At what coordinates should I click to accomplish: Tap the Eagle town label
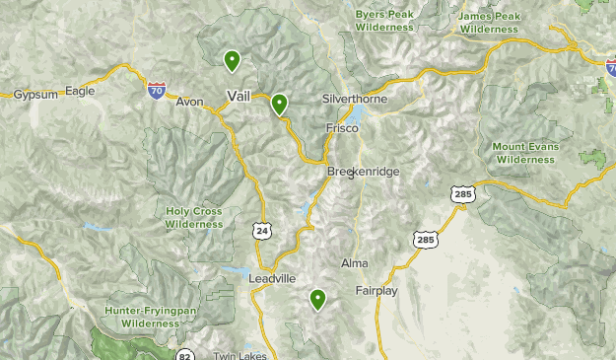pos(79,91)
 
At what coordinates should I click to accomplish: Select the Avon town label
pos(189,101)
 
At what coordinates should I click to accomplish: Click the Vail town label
pos(239,95)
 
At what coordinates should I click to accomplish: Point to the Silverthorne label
pos(355,101)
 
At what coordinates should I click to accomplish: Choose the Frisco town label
pos(342,128)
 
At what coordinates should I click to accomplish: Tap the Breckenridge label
pos(364,172)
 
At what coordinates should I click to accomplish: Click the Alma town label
pos(354,263)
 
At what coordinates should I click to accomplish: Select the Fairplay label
pos(376,291)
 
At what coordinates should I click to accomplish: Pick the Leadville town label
pos(273,279)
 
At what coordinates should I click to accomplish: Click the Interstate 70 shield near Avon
pos(157,90)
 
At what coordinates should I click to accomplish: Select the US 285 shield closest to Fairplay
pos(425,240)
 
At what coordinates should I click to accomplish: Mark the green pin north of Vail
pos(232,61)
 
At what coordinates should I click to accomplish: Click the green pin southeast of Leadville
pos(318,299)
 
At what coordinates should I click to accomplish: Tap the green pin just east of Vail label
pos(280,103)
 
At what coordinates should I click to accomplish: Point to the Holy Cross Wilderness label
pos(194,217)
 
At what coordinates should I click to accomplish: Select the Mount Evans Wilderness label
pos(524,153)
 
